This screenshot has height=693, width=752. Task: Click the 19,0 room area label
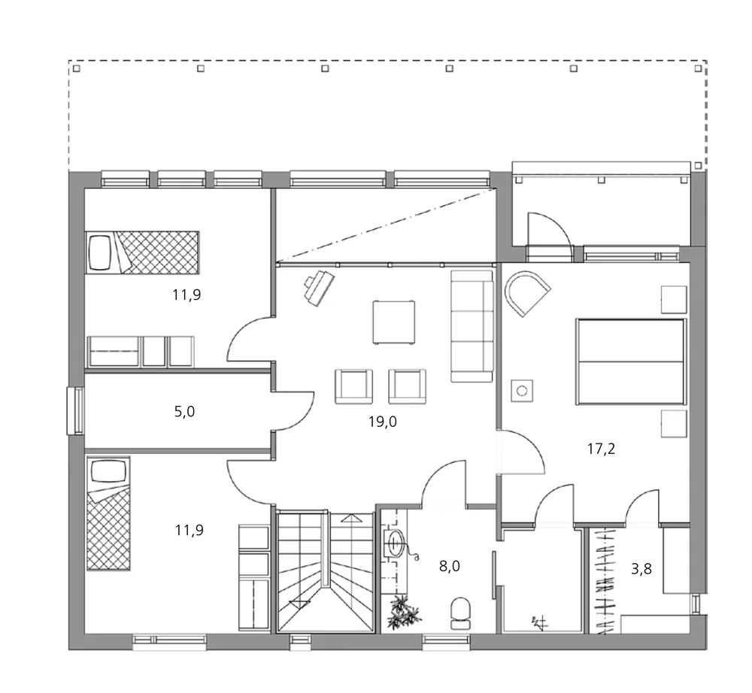point(383,422)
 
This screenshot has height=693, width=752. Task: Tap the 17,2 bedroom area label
point(601,449)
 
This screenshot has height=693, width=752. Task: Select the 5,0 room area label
point(183,412)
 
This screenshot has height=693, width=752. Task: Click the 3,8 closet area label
point(641,569)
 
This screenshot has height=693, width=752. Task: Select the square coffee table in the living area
point(394,322)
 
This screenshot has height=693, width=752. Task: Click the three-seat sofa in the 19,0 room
point(472,327)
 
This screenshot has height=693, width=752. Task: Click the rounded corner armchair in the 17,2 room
point(526,294)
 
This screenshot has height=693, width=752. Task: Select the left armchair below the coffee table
point(353,385)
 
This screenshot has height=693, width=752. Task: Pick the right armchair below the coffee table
point(407,385)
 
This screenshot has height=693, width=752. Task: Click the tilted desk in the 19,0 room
point(320,287)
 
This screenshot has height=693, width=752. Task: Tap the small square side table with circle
point(521,391)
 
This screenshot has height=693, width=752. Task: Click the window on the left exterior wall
point(76,410)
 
